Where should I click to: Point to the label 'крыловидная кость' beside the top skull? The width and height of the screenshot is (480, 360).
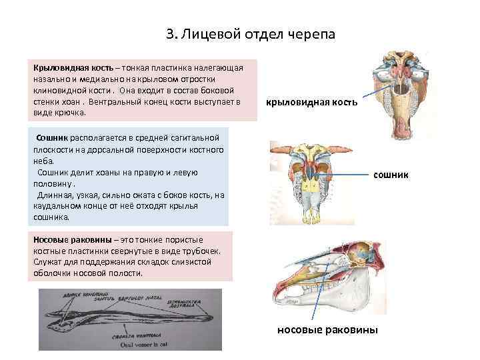click(x=311, y=103)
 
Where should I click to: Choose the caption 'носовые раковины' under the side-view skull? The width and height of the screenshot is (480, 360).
click(x=327, y=329)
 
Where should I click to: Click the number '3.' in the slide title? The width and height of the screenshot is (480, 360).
click(x=170, y=33)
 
